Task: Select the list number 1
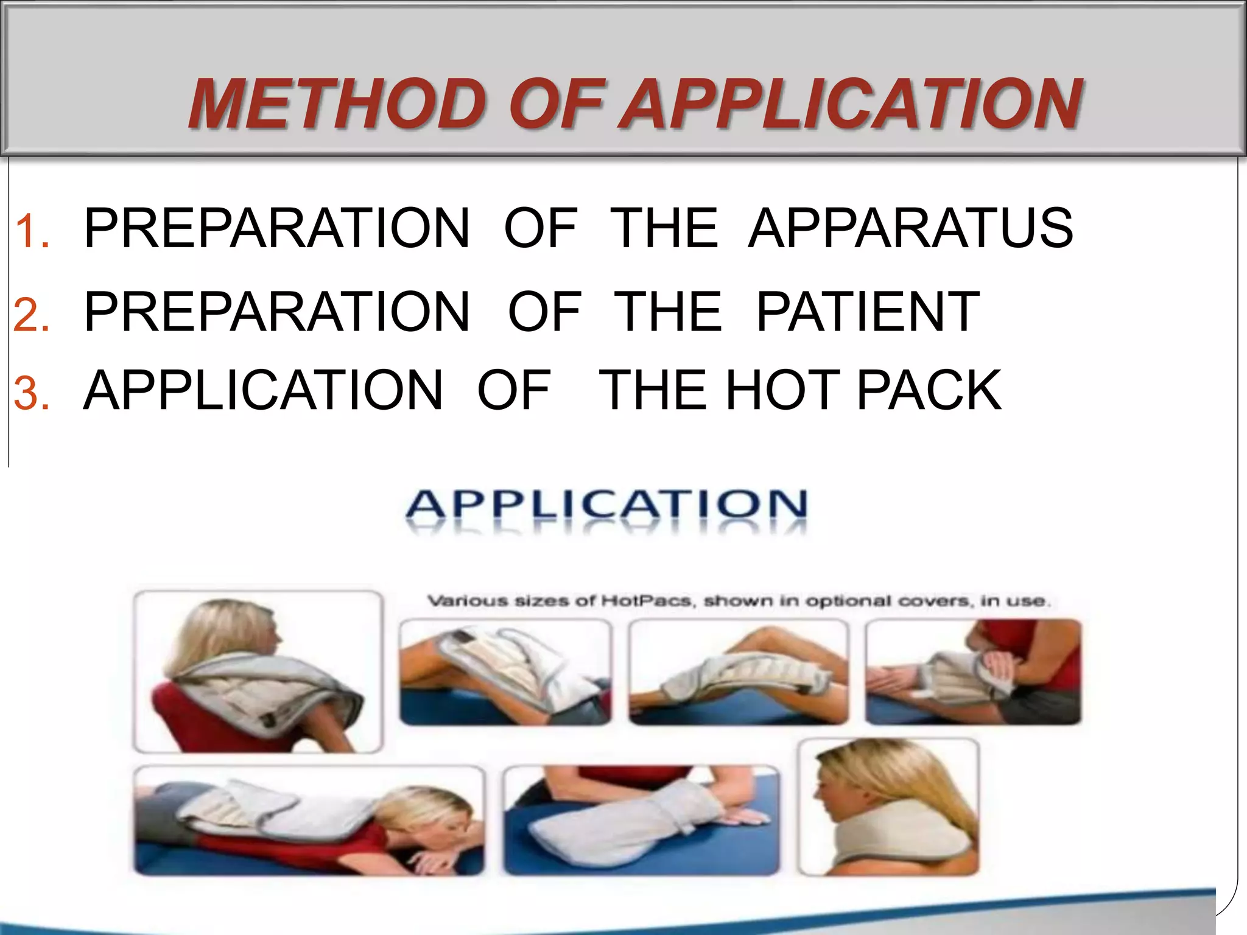point(32,232)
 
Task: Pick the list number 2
point(32,315)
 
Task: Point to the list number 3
point(32,393)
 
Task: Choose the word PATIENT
point(868,312)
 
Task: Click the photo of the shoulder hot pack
point(258,671)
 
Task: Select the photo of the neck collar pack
point(888,807)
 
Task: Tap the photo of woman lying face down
point(309,820)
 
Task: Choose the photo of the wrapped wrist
point(973,672)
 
